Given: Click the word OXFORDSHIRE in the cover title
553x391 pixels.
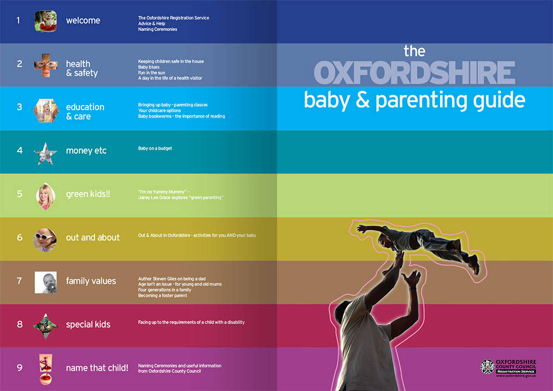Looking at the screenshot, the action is pos(414,73).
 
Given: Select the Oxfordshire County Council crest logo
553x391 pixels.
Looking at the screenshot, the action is pos(487,367).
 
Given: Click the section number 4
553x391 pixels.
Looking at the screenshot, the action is pos(20,150).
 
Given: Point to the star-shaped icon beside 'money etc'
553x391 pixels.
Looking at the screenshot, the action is pos(45,154).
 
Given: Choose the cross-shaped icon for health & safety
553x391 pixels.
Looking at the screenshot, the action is pos(45,65).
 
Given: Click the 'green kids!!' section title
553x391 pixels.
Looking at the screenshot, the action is pos(88,194).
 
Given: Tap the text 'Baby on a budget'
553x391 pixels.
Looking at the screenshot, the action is pos(155,148).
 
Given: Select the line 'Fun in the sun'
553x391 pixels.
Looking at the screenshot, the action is pos(152,72).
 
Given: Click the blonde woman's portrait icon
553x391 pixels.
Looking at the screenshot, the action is pos(45,196).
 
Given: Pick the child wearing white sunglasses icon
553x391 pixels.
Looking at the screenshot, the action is pos(45,240).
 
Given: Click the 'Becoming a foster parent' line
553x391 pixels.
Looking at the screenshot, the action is pos(163,295).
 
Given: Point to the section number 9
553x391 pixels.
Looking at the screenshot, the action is pos(20,368).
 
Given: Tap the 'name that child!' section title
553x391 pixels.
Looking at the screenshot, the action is pos(97,368).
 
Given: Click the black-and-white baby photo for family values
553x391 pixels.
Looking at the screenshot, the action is pos(45,283).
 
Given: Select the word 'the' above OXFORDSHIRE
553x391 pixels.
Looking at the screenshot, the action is pos(414,51).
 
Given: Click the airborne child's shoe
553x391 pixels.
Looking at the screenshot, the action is pos(474,264).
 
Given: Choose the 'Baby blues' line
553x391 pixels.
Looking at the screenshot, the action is pos(148,67).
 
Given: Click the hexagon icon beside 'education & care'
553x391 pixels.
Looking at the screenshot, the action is pos(46,111).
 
